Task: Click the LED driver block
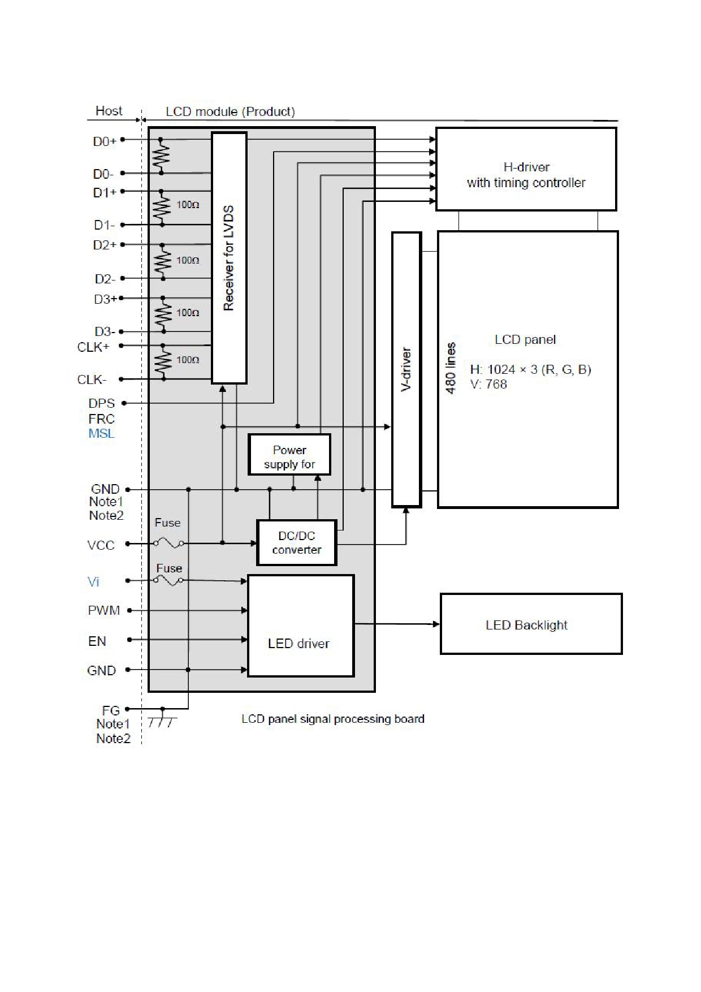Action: pos(301,626)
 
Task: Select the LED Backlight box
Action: pos(531,624)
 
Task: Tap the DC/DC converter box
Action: pos(297,543)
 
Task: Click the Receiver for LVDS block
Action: pos(229,258)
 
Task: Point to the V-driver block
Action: pos(406,369)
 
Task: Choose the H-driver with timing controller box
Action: pos(526,169)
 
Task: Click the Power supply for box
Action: pos(289,455)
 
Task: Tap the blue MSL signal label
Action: pos(101,434)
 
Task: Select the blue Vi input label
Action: pos(93,582)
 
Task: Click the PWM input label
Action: pos(104,611)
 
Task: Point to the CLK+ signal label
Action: pos(93,347)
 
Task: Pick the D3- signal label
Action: pos(105,331)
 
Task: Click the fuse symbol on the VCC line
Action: pos(168,544)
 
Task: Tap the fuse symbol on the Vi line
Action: pos(168,580)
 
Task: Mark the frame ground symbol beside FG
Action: pos(162,719)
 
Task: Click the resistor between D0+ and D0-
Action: pos(162,154)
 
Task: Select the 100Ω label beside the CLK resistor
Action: pos(188,360)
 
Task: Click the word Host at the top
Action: pos(109,111)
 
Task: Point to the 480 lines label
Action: pos(451,368)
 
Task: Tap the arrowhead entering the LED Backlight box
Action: pos(436,624)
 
